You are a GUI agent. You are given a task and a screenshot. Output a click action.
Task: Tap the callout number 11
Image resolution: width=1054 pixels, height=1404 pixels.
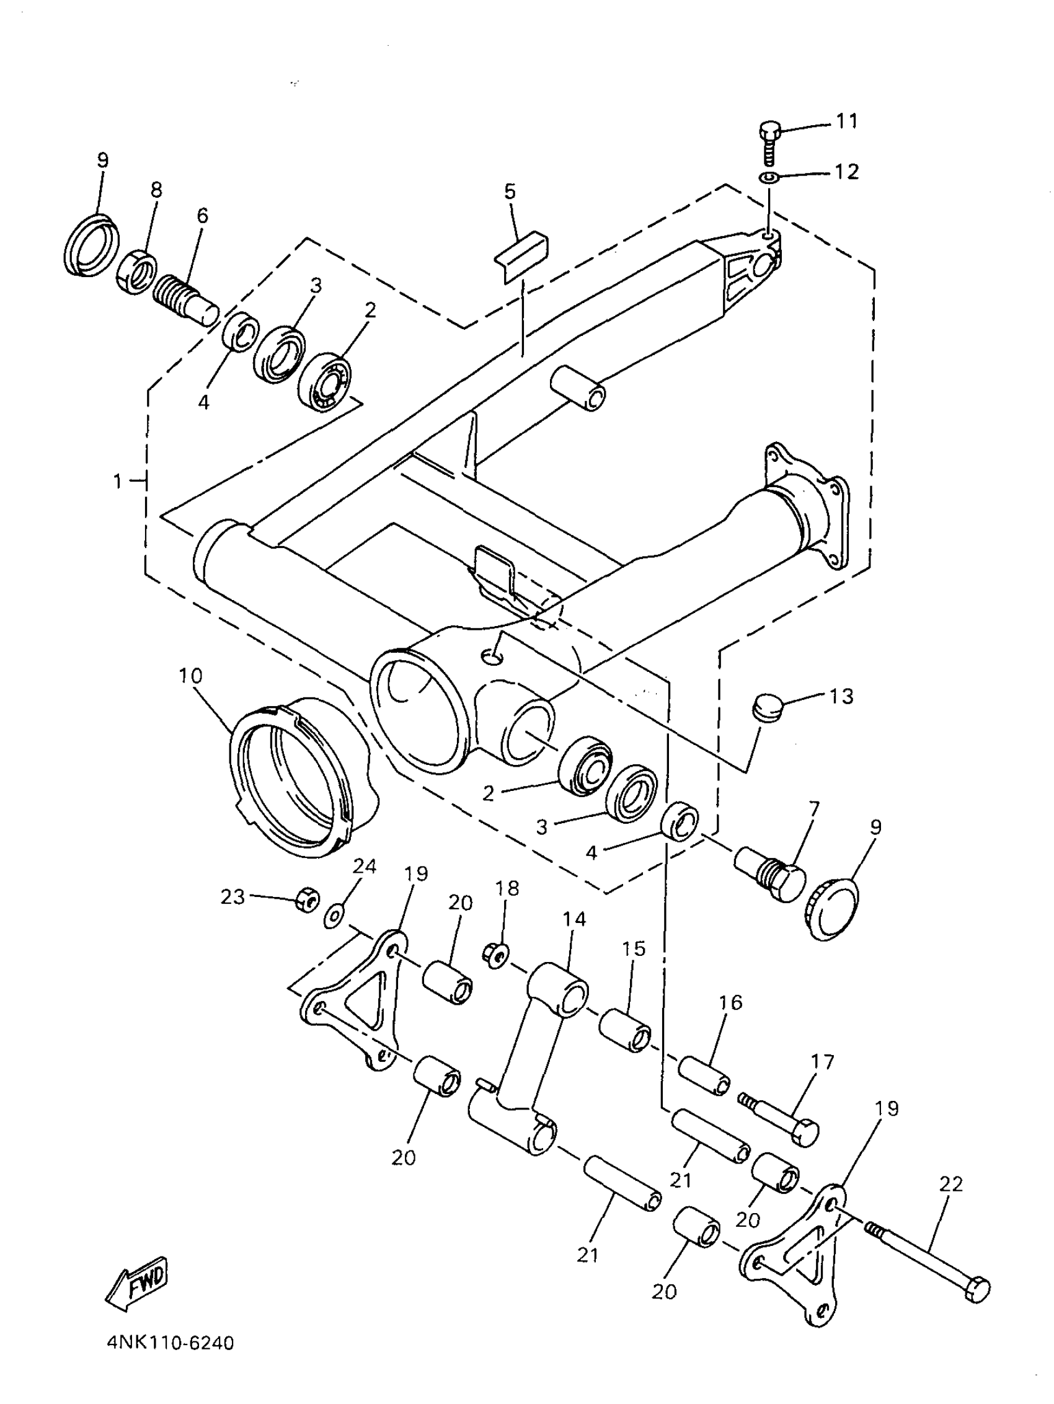click(x=846, y=121)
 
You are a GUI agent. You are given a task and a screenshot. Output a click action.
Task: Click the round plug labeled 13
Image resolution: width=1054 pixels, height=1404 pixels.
click(x=764, y=707)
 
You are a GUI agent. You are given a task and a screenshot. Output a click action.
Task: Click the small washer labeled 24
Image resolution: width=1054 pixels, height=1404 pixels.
click(x=333, y=917)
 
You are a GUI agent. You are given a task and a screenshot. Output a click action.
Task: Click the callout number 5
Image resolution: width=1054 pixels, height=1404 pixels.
click(x=510, y=191)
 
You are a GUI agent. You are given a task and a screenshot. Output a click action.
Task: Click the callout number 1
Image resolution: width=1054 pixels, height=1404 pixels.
click(x=117, y=482)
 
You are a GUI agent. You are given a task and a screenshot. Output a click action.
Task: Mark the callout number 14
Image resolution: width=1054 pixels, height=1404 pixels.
click(x=575, y=919)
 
